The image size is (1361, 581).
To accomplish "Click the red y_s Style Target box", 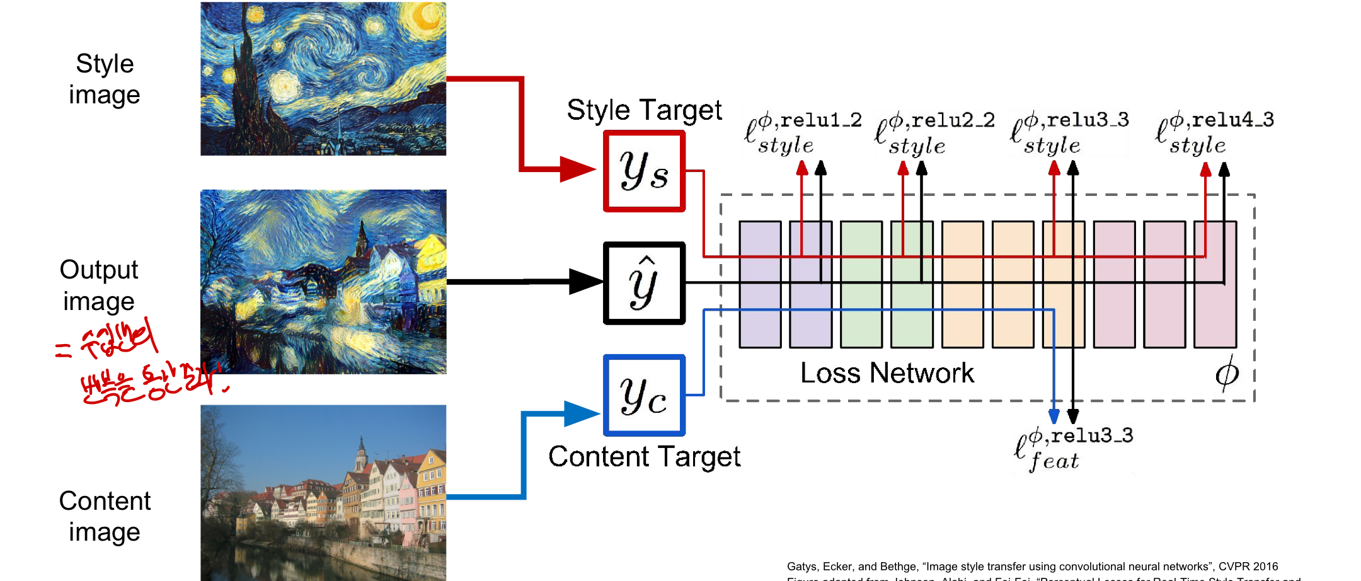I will tap(644, 171).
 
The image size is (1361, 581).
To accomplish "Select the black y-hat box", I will tap(644, 283).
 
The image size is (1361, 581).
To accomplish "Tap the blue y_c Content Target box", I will tap(644, 395).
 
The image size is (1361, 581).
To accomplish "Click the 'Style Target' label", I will tap(644, 110).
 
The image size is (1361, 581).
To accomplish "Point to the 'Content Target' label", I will tap(644, 457).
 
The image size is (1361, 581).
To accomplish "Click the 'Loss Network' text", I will tap(887, 373).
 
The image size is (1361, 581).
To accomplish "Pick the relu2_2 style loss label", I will tap(934, 133).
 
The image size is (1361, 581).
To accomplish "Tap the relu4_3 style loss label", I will tap(1214, 133).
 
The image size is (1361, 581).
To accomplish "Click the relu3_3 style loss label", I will tap(1069, 133).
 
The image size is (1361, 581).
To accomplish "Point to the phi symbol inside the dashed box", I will tap(1226, 373).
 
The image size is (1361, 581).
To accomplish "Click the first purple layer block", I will tap(760, 284).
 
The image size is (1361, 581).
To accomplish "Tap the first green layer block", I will tap(861, 284).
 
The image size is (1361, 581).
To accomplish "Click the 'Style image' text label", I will tap(105, 79).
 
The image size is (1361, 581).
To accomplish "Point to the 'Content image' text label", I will tap(105, 516).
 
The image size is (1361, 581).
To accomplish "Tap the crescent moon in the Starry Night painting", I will tap(426, 17).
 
